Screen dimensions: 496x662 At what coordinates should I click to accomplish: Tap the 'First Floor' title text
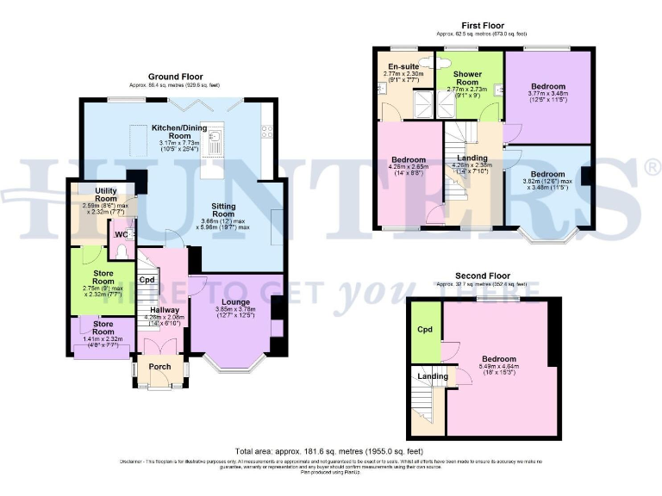coord(483,26)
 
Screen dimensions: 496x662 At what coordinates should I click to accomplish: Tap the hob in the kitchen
coord(268,132)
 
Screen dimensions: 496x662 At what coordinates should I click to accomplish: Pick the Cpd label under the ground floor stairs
coord(147,280)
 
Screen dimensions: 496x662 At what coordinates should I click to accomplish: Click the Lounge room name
coord(235,302)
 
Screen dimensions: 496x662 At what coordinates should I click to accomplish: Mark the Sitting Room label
coord(230,207)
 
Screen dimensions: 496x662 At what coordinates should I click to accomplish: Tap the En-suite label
coord(403,66)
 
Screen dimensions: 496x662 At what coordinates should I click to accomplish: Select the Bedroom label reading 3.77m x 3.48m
coord(548,87)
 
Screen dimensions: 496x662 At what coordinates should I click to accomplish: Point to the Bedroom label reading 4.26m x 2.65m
coord(409,160)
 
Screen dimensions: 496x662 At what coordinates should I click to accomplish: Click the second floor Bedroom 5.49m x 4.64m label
coord(499,359)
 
